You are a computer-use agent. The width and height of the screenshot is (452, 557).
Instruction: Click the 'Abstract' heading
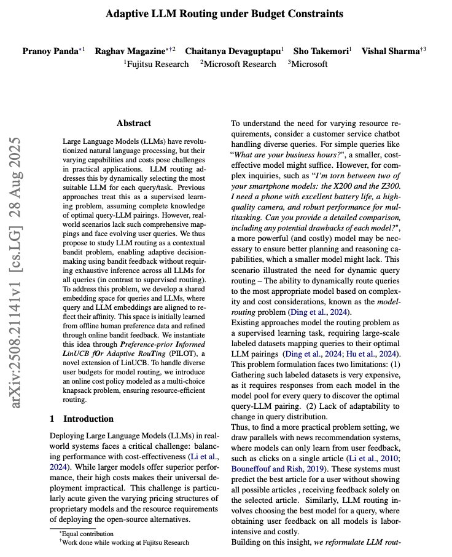tap(134, 123)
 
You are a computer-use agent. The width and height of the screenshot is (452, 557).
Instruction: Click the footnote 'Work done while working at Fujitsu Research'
tap(123, 542)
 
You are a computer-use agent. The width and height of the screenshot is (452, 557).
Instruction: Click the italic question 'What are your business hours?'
tap(288, 154)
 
